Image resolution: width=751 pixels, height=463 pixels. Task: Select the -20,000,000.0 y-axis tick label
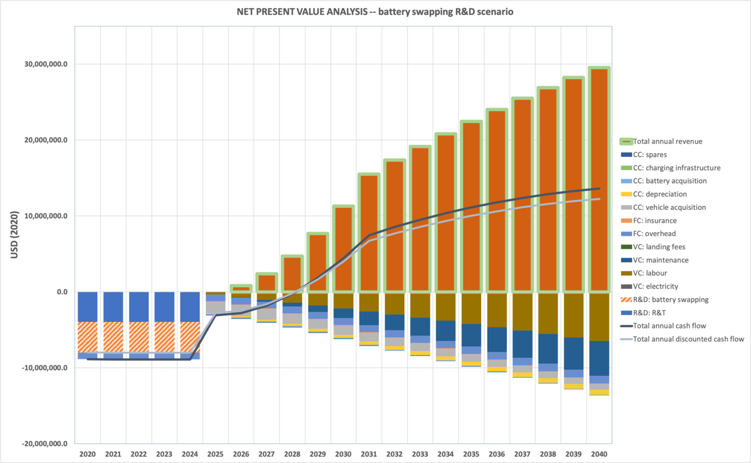[45, 444]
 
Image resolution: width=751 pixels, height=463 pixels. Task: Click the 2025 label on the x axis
[215, 454]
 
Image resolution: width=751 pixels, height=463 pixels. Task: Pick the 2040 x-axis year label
[599, 454]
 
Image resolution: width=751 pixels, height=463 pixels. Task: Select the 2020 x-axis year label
[87, 454]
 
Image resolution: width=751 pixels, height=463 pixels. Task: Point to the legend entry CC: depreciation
[660, 194]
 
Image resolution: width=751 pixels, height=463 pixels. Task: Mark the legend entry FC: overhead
[654, 234]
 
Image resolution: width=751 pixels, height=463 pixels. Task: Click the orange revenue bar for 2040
[599, 178]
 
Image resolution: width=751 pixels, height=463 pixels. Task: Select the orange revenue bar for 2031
[369, 234]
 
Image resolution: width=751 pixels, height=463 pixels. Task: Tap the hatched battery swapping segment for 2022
[139, 337]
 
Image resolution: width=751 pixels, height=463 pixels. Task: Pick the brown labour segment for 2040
[599, 317]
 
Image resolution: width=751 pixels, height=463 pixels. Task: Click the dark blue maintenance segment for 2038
[548, 348]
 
